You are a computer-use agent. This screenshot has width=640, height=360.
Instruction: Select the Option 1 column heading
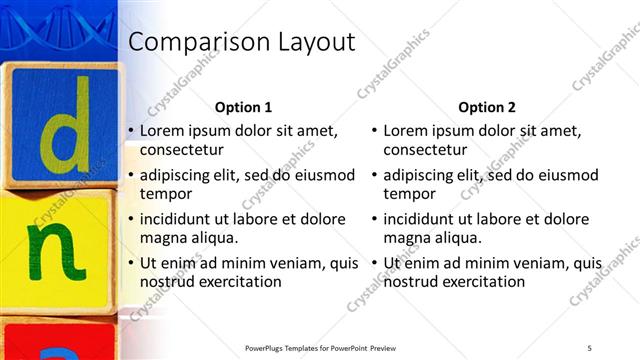[x=243, y=107]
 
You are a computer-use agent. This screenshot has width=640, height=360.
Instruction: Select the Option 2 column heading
[x=487, y=107]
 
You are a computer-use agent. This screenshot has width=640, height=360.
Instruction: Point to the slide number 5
[x=589, y=347]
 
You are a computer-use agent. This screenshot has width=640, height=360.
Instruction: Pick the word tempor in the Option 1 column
[x=165, y=194]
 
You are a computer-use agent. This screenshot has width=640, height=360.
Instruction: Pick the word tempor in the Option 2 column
[x=409, y=194]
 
